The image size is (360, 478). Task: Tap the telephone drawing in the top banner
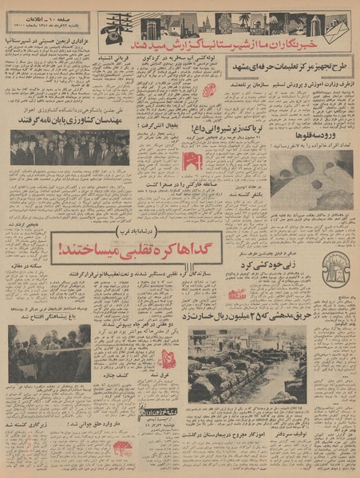(113, 25)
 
